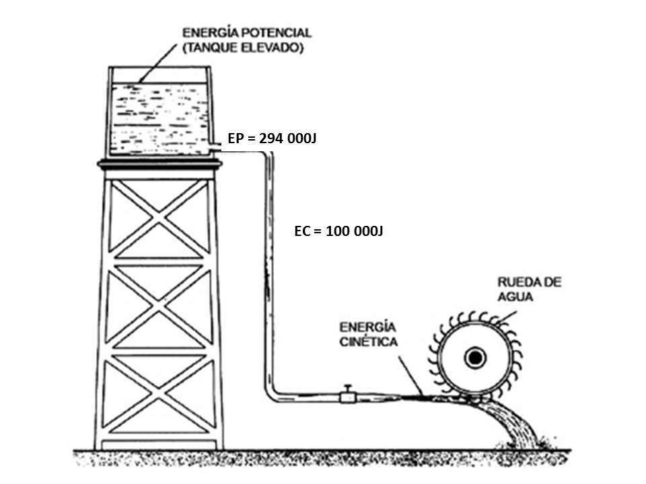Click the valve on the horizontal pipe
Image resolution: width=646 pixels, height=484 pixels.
coord(348,395)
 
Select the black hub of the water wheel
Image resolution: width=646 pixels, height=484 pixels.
coord(476,358)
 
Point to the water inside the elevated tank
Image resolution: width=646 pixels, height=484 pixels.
coord(159,118)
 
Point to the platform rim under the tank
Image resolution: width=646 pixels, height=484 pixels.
coord(159,163)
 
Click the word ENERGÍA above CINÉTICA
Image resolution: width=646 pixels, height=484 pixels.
coord(367,327)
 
